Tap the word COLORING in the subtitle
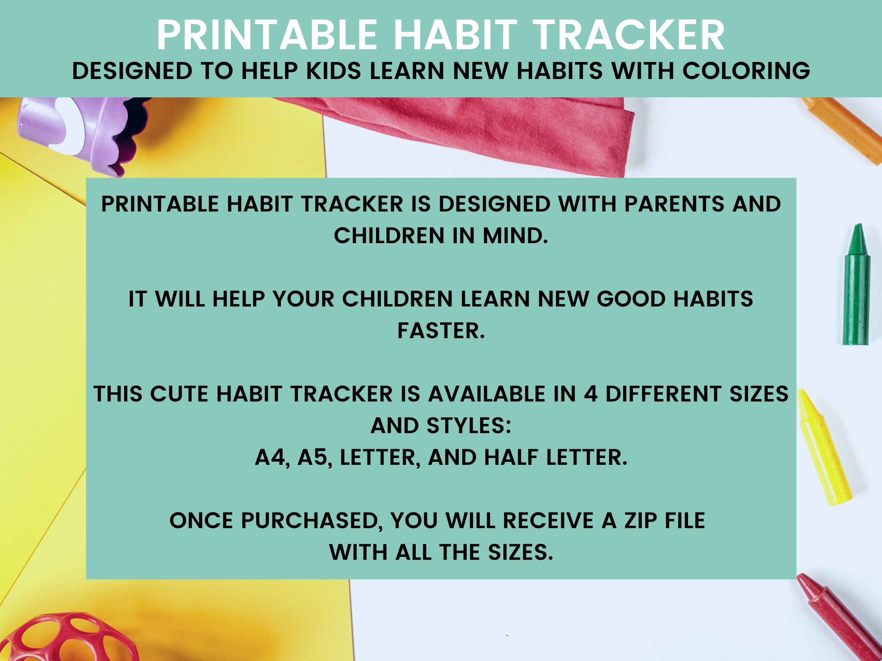746,71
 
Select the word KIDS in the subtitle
333,71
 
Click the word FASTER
441,331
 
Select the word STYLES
468,426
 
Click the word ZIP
642,521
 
